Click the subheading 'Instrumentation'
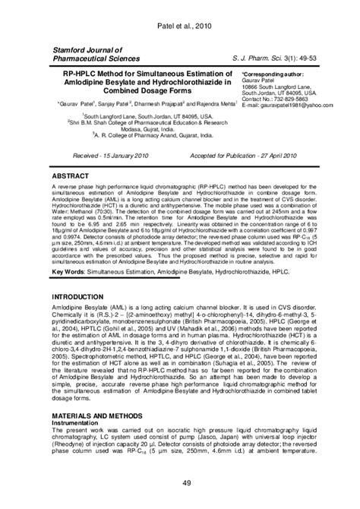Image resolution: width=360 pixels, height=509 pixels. tap(77, 424)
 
